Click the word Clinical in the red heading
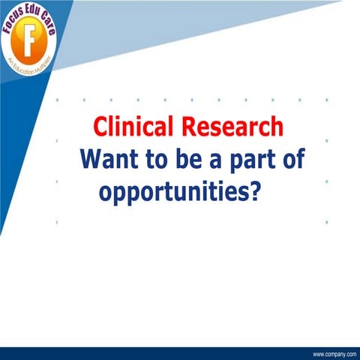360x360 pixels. coord(131,126)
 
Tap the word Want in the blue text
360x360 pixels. coord(109,160)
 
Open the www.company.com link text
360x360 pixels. coord(334,352)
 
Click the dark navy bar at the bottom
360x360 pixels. coord(150,353)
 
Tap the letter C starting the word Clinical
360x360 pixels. coord(99,126)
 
